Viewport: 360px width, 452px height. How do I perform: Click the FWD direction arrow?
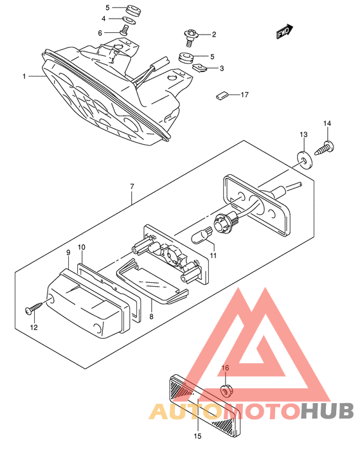(285, 32)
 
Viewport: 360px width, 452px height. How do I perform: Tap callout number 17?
(245, 95)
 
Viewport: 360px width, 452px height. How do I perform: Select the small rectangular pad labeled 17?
(222, 95)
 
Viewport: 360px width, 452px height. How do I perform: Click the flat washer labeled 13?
(304, 159)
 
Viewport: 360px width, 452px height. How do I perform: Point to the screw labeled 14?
(324, 149)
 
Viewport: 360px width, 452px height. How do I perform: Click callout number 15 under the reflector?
(198, 436)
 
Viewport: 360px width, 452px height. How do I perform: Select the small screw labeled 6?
(124, 30)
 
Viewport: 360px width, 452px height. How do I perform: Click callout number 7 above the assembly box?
(132, 186)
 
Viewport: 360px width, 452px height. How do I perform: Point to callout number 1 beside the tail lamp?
(24, 76)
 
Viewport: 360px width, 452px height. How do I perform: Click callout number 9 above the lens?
(68, 253)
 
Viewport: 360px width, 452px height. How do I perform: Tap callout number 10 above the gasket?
(82, 247)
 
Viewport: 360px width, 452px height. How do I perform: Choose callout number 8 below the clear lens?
(151, 316)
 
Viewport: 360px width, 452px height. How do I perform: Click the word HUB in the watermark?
(327, 411)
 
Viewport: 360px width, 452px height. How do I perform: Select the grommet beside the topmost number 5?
(134, 10)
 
